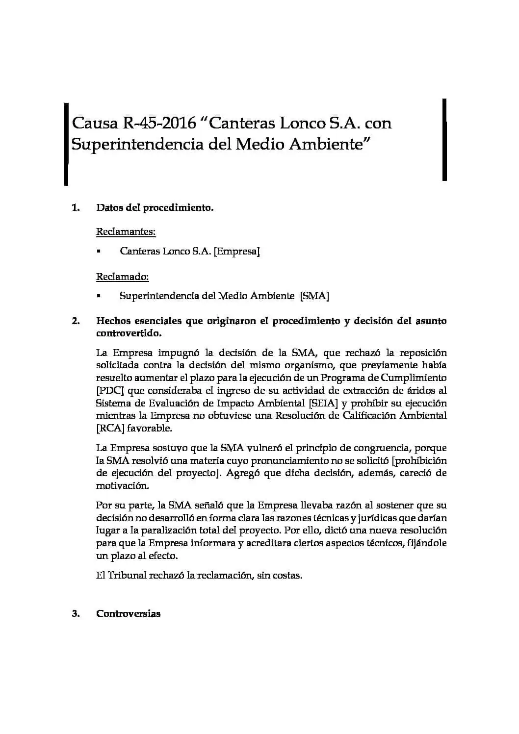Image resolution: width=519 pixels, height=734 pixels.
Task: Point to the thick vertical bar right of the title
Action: pos(444,140)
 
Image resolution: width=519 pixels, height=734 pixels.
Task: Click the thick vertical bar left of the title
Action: pos(66,144)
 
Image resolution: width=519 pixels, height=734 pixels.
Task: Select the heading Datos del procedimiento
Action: pos(155,207)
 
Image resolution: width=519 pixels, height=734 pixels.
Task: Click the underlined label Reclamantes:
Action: pos(126,231)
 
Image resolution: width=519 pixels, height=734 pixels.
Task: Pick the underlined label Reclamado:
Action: pos(122,277)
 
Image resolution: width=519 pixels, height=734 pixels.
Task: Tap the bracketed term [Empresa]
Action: pos(237,252)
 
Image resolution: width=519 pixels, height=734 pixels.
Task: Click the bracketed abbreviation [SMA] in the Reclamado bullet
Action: pos(314,296)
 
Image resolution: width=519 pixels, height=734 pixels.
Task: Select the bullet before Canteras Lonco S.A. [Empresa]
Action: pos(99,252)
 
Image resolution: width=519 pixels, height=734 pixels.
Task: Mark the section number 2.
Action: pos(76,322)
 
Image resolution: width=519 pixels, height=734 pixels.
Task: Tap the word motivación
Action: pos(122,486)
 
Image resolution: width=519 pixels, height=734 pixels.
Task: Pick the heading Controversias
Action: pos(128,614)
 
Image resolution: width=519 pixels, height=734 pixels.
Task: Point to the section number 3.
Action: pos(76,614)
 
